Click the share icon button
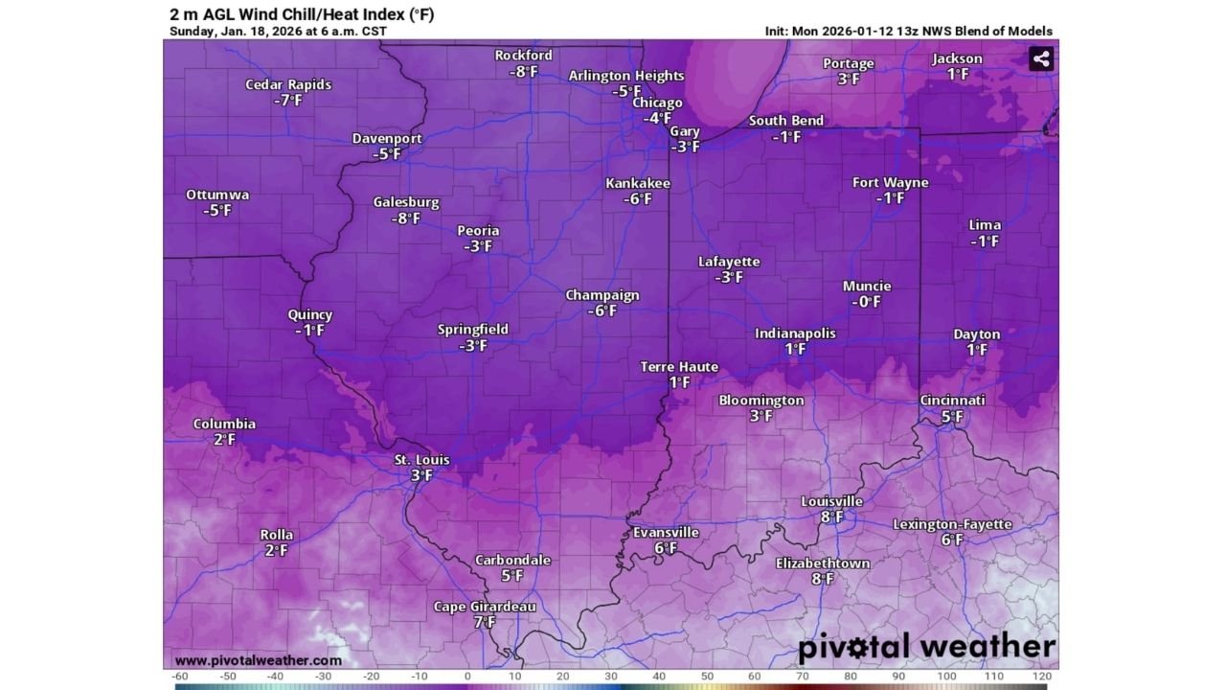click(1041, 58)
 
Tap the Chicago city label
click(657, 103)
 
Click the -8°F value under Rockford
click(523, 72)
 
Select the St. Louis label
click(421, 460)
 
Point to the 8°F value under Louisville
click(831, 517)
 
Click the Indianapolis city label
click(795, 333)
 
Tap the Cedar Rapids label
click(288, 84)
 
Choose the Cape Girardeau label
click(485, 607)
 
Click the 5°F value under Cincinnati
click(952, 417)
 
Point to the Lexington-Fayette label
click(952, 524)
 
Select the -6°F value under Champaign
click(602, 310)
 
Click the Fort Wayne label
click(890, 182)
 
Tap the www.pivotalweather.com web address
click(259, 660)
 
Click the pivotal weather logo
click(926, 648)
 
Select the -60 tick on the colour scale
click(180, 677)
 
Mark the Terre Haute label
click(679, 367)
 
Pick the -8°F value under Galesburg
click(405, 218)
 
